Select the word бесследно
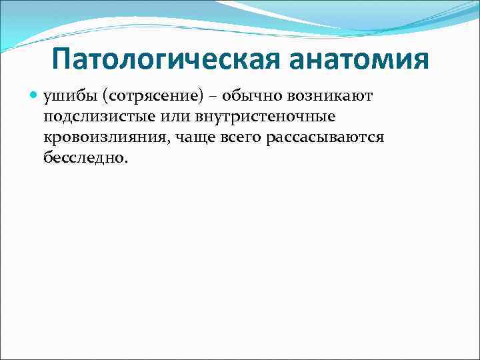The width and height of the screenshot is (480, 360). (83, 158)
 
